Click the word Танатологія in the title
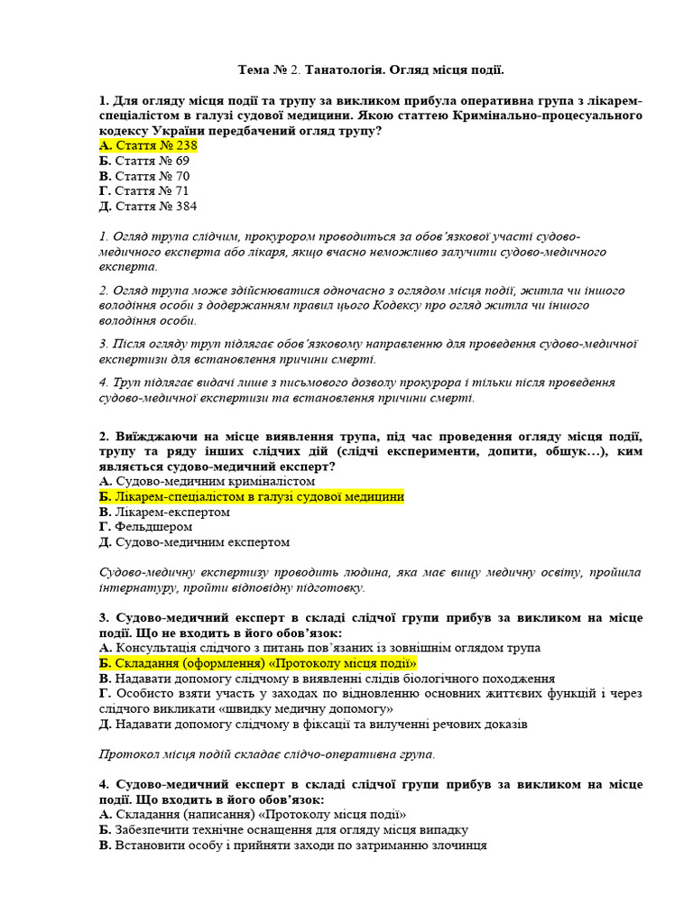coord(348,69)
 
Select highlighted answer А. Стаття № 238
coord(148,145)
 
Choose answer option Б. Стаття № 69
coord(144,161)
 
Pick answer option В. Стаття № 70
coord(144,176)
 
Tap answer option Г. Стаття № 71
coord(143,191)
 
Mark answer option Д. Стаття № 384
coord(148,207)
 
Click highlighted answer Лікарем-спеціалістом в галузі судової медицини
coord(252,496)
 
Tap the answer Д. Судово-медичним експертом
coord(195,542)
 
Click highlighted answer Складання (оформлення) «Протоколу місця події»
coord(258,663)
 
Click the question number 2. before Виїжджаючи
coord(105,435)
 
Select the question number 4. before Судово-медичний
coord(105,785)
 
